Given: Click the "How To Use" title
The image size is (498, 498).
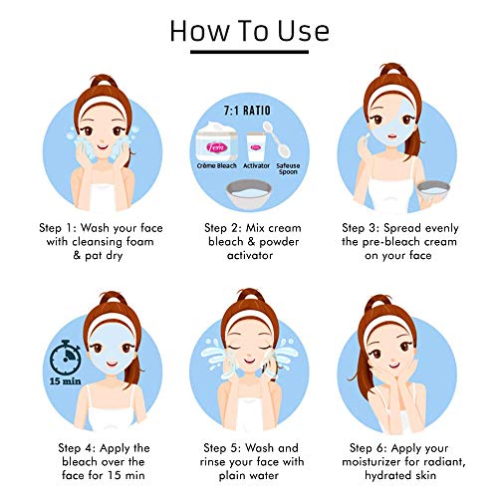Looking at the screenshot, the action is [249, 31].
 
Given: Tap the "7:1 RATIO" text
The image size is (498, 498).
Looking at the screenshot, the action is [247, 111].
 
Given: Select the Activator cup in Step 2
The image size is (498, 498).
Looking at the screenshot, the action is [256, 146].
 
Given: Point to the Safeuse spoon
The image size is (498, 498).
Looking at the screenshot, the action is [277, 139].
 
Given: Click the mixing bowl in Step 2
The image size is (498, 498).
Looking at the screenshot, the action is [249, 194].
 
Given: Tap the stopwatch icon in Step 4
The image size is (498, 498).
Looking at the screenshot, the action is [65, 357].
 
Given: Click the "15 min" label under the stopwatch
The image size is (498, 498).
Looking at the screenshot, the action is [66, 381].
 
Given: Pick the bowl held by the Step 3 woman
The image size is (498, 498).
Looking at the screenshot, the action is [433, 191].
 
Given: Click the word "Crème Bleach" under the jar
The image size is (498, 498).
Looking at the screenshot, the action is [217, 165].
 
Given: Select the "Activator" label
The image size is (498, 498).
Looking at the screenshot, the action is [256, 165].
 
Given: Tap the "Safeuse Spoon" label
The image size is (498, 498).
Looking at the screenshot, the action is [288, 168].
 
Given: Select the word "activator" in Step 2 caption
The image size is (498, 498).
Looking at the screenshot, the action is [250, 255].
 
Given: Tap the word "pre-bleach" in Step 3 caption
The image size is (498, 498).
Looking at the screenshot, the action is [388, 242].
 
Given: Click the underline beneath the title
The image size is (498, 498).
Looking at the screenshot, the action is [249, 52].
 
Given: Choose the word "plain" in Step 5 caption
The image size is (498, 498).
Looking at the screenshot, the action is [231, 476].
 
